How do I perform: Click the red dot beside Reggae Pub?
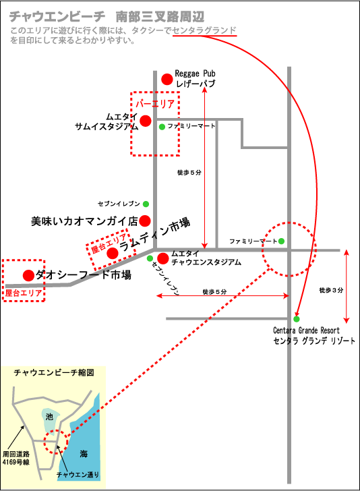[x=167, y=79]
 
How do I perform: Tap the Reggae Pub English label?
[x=195, y=74]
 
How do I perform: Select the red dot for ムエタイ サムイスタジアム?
[x=146, y=121]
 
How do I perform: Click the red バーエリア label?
[x=155, y=103]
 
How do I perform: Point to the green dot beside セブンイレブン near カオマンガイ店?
[x=146, y=204]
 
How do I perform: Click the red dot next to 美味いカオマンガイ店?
[x=145, y=221]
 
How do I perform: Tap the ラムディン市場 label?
[x=154, y=234]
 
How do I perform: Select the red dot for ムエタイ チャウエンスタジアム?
[x=162, y=258]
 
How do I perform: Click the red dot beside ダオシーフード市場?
[x=28, y=276]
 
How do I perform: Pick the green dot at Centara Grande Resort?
[x=297, y=319]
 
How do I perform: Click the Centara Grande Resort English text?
[x=306, y=330]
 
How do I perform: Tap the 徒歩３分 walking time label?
[x=331, y=290]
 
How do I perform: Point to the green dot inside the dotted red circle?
[x=281, y=241]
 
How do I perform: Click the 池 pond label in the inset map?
[x=49, y=417]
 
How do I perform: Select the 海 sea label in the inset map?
[x=84, y=453]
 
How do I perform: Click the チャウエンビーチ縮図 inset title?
[x=54, y=372]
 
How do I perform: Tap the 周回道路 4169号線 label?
[x=16, y=458]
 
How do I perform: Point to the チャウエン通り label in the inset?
[x=78, y=475]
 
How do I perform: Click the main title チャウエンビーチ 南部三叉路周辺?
[x=107, y=17]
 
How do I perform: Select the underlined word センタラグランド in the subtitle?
[x=204, y=30]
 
